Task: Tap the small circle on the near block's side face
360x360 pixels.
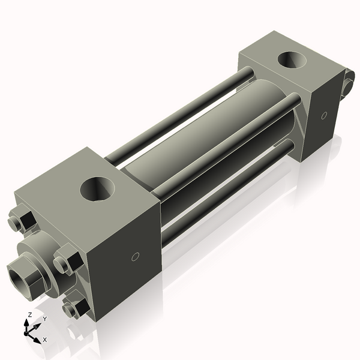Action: (x=135, y=257)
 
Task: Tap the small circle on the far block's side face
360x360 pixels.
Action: (x=325, y=115)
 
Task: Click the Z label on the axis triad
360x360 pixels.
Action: (x=29, y=314)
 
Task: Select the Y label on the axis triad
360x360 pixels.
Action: (x=44, y=319)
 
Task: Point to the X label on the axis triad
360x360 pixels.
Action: (x=44, y=340)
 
